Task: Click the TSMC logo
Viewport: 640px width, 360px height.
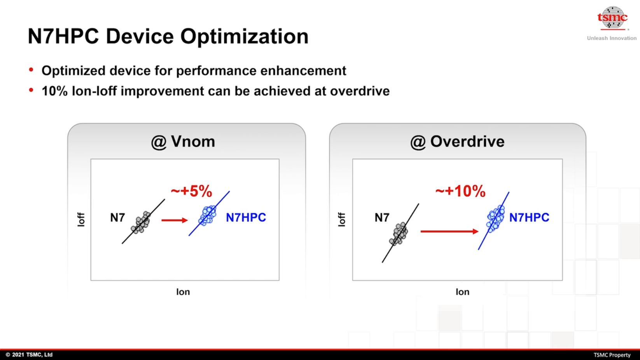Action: point(612,18)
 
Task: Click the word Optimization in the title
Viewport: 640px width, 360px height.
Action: point(244,36)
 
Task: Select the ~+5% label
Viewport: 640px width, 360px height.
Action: point(191,191)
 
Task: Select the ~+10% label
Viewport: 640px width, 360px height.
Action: point(460,191)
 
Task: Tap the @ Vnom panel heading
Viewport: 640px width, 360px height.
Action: point(183,142)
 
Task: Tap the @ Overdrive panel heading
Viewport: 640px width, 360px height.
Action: point(457,142)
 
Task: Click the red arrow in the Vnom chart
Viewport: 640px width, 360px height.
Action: point(175,220)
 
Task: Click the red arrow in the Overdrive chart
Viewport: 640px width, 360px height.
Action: point(449,231)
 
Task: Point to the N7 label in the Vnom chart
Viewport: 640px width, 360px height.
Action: point(117,218)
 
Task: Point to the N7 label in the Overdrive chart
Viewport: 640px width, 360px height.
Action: point(382,218)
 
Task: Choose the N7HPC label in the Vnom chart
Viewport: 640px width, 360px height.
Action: point(246,218)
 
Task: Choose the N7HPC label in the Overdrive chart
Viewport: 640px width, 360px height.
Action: point(529,218)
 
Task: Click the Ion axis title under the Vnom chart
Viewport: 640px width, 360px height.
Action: point(183,292)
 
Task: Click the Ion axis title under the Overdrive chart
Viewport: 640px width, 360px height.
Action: point(462,292)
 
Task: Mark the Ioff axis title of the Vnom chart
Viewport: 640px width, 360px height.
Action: point(81,219)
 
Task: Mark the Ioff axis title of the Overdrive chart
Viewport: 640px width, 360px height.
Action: point(342,219)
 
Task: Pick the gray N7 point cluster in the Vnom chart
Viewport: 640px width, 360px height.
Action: point(141,223)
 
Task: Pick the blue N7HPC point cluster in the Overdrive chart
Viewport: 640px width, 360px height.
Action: point(496,218)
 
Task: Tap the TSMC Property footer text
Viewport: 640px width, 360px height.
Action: point(612,355)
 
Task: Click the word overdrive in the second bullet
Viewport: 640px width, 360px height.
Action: point(360,91)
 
